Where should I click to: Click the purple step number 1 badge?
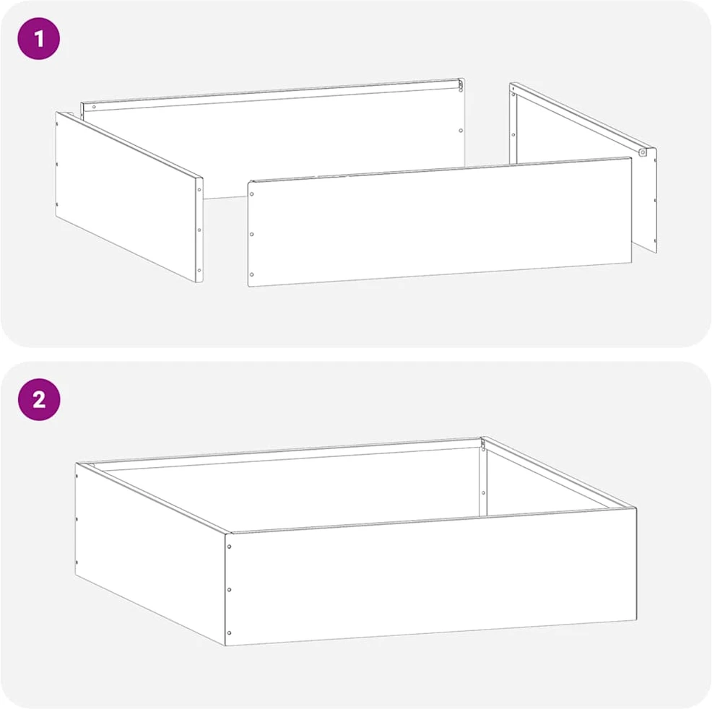pos(38,38)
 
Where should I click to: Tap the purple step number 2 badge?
pos(38,399)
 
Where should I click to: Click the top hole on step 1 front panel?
pos(251,194)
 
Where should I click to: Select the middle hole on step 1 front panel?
pos(251,234)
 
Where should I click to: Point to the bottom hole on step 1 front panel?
pos(251,274)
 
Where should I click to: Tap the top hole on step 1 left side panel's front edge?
pos(199,190)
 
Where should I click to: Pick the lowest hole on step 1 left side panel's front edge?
pos(199,271)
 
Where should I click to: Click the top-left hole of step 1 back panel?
pos(94,107)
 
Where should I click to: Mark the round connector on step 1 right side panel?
pos(643,152)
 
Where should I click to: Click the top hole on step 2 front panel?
pos(230,547)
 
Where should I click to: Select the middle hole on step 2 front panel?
pos(230,590)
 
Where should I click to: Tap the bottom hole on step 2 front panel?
pos(230,632)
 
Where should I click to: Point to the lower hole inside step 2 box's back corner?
pos(483,493)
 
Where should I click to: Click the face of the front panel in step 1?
pos(440,222)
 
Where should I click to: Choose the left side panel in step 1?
pos(129,197)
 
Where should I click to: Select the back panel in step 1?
pos(272,136)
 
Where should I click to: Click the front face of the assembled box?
pos(430,576)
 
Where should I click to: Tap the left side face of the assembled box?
pos(150,554)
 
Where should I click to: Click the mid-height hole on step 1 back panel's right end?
pos(461,131)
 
